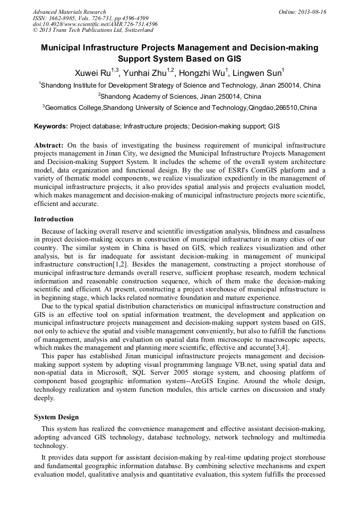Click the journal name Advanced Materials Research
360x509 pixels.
pos(69,12)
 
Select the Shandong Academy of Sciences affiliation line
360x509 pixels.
pos(179,96)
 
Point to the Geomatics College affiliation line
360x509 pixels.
pos(179,108)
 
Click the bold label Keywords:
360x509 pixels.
pos(51,127)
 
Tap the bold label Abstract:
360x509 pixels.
pos(49,145)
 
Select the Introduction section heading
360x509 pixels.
pos(54,219)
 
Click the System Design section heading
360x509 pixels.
pos(57,417)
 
